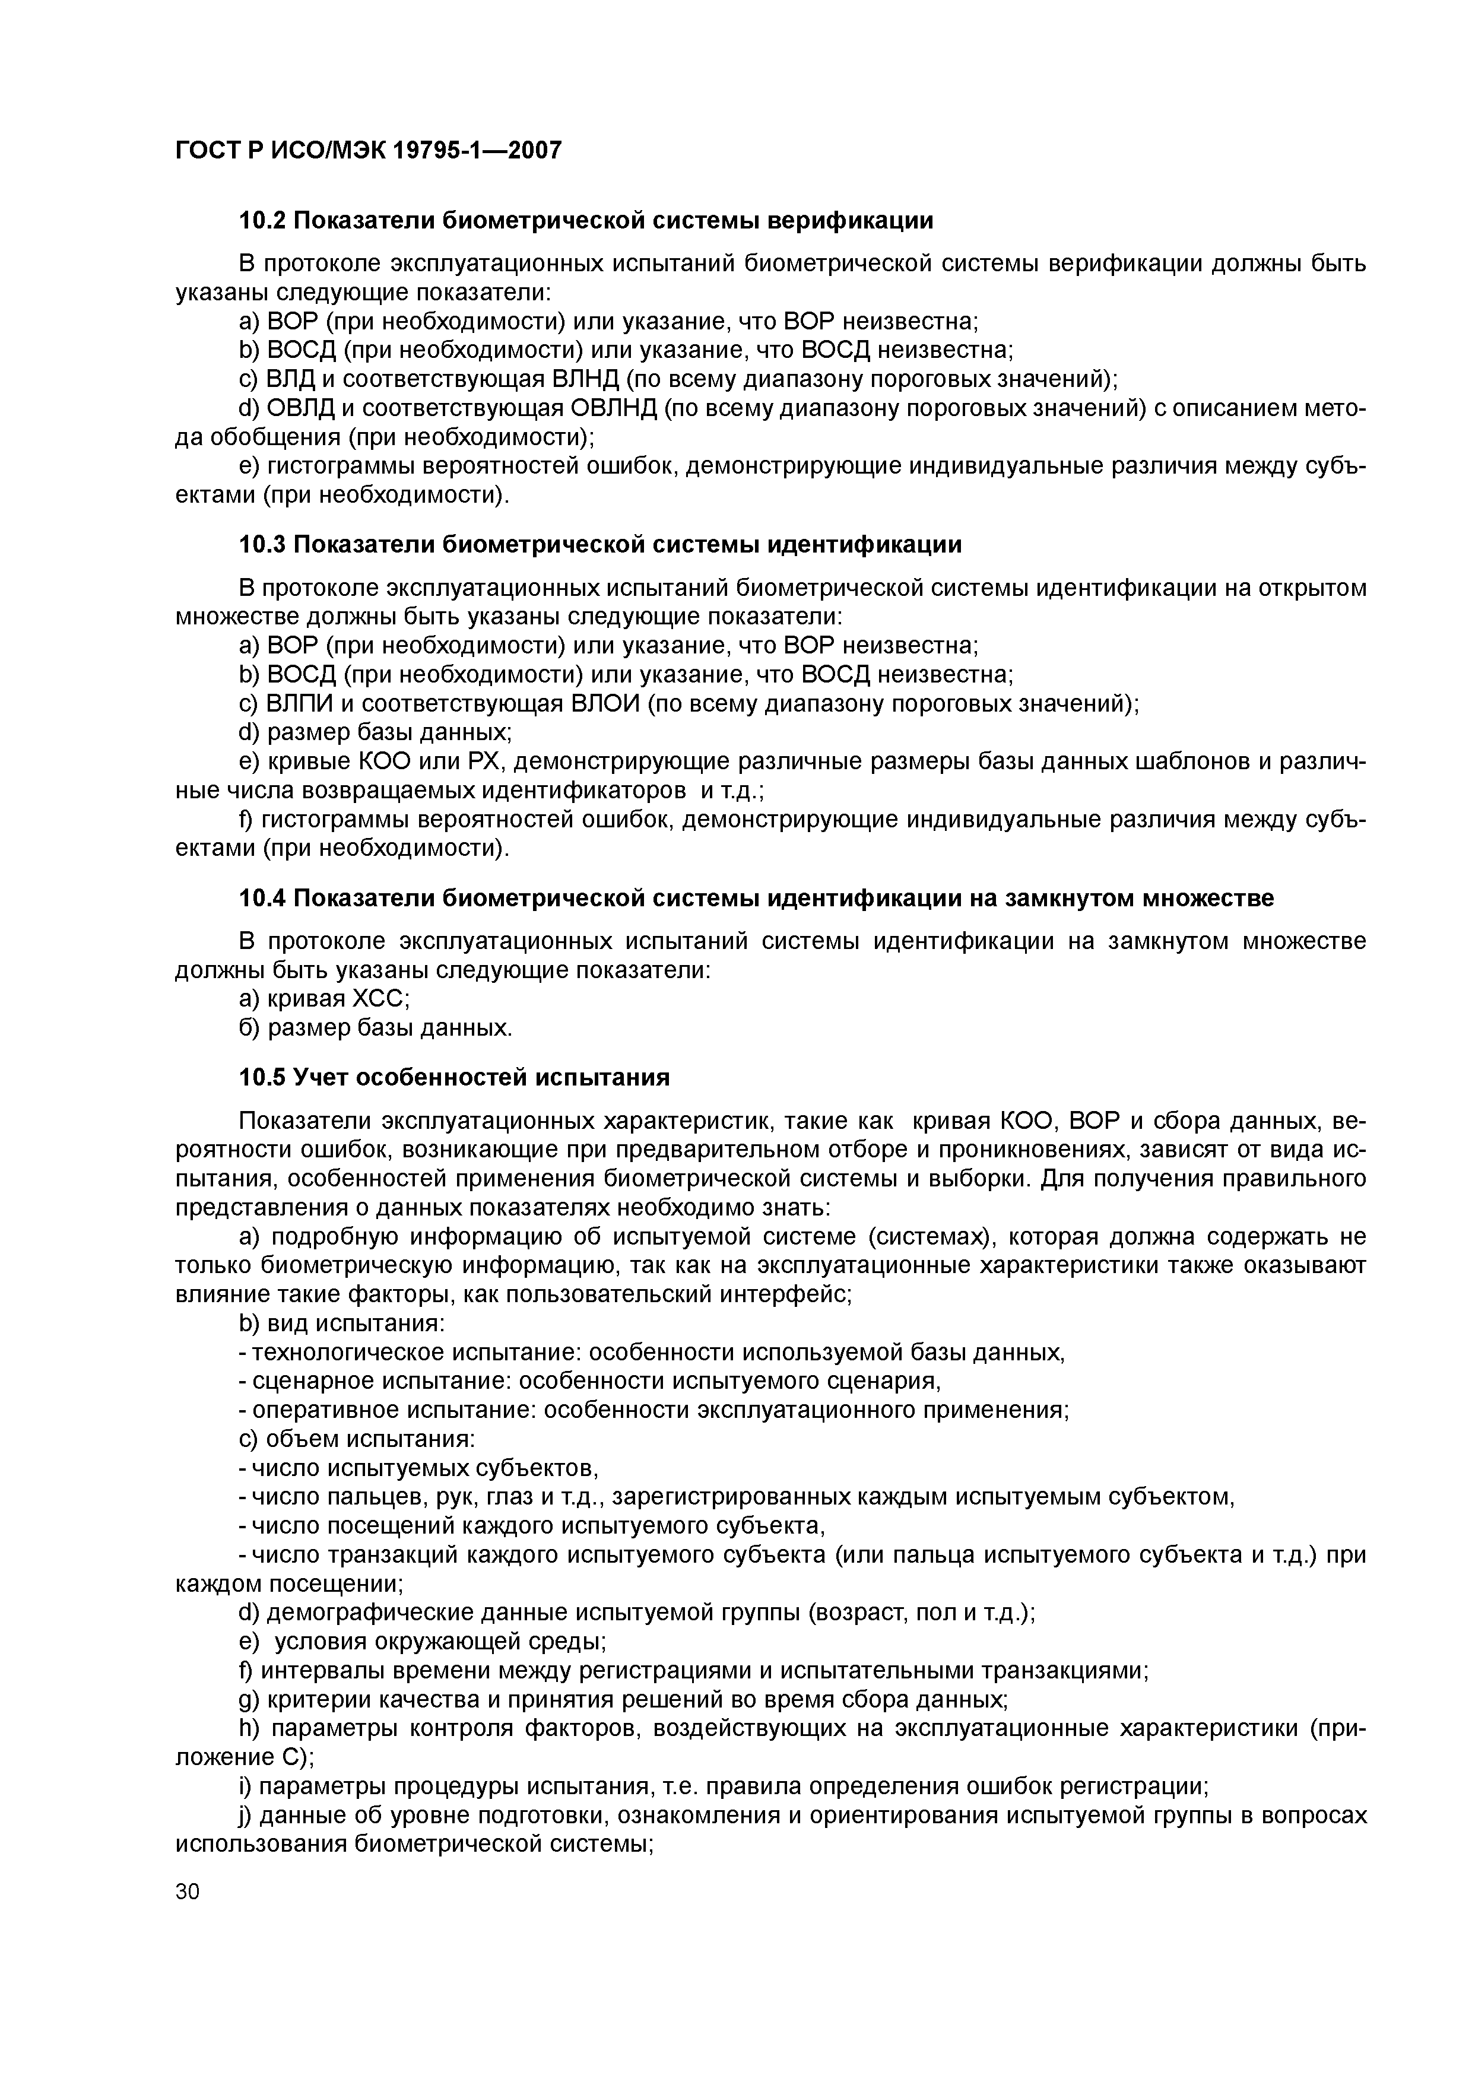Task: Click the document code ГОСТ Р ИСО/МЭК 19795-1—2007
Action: click(x=368, y=150)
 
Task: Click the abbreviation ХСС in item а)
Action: click(x=379, y=998)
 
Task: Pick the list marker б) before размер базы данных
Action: click(x=249, y=1027)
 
